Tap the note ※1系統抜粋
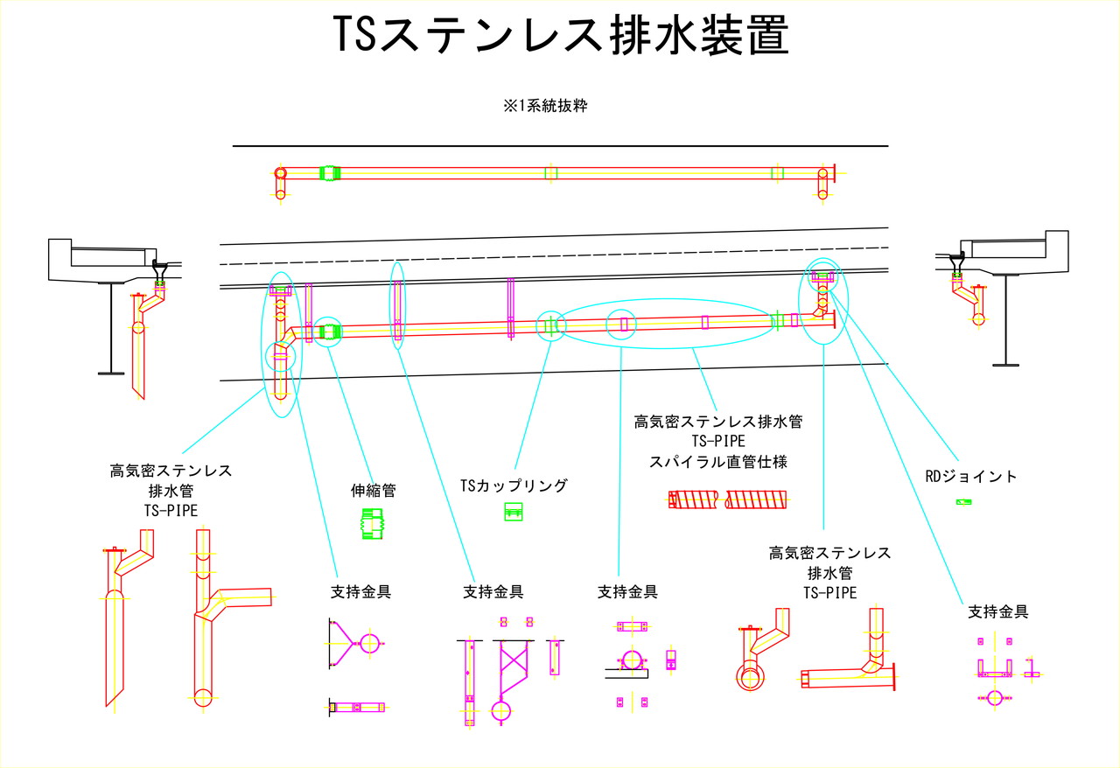coord(544,107)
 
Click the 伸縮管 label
coord(373,491)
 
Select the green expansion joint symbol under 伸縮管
coord(373,525)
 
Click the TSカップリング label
coord(514,485)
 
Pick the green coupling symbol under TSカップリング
coord(514,513)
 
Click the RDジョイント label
coord(971,477)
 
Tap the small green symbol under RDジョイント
coord(963,502)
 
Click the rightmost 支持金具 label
coord(997,612)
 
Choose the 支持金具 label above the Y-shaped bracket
coord(360,592)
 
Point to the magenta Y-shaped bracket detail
coord(354,644)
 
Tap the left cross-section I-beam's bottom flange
coord(111,374)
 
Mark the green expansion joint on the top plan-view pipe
coord(329,173)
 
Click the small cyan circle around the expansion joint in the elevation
coord(328,332)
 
